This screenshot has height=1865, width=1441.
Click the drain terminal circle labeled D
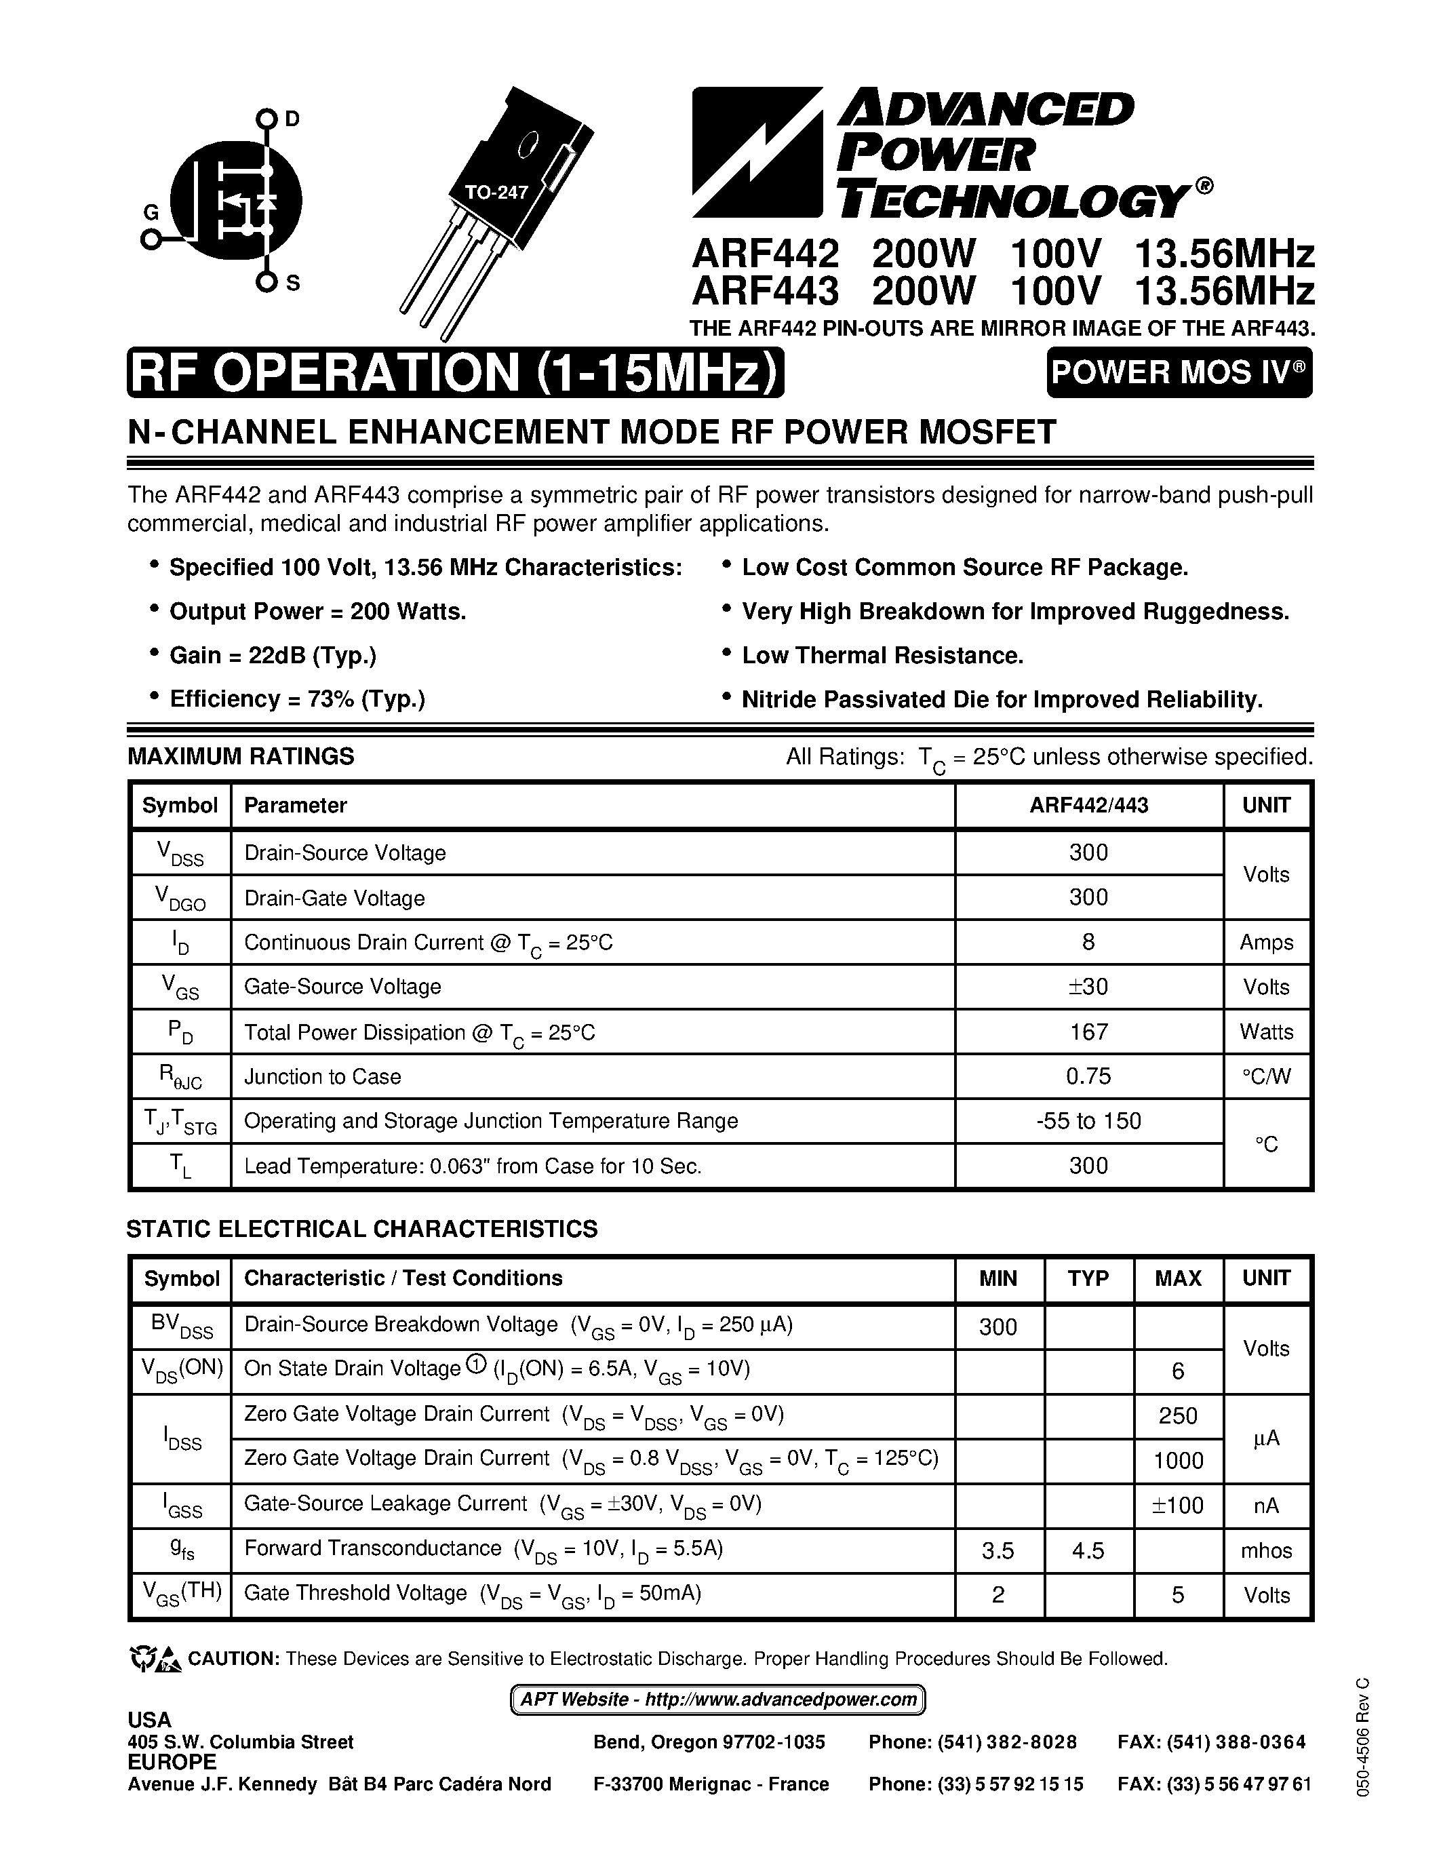tap(267, 118)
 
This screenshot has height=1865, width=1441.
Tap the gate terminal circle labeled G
tap(151, 240)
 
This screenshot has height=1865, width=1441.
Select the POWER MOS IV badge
tap(1179, 372)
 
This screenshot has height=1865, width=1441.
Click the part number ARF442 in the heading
tap(766, 254)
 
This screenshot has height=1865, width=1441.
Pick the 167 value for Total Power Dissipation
tap(1088, 1032)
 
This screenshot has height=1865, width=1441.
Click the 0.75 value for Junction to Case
tap(1088, 1076)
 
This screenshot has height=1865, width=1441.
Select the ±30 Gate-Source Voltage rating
tap(1088, 986)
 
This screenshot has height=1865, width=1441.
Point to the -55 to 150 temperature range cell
tap(1088, 1120)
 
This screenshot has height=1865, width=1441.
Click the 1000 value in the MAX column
tap(1178, 1461)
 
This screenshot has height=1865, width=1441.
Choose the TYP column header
tap(1088, 1278)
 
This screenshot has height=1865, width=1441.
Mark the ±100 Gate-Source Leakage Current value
tap(1178, 1506)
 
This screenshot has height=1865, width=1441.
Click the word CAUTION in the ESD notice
tap(233, 1658)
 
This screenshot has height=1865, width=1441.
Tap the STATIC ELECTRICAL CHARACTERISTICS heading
tap(362, 1229)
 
